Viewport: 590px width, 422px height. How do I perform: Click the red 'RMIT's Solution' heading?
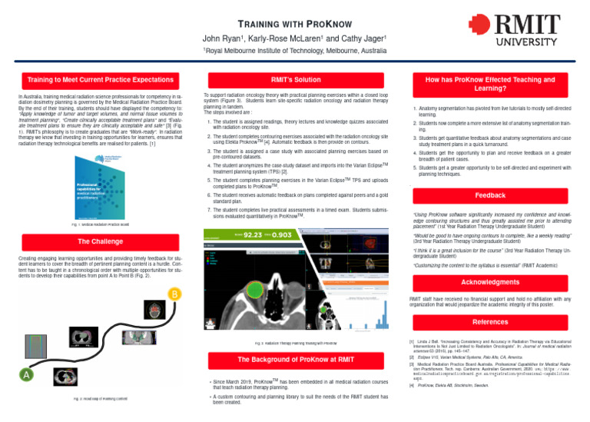(x=295, y=79)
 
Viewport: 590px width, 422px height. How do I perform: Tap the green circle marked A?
(x=27, y=374)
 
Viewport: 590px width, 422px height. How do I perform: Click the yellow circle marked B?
(x=174, y=294)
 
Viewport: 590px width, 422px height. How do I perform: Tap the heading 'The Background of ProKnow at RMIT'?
(x=295, y=360)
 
